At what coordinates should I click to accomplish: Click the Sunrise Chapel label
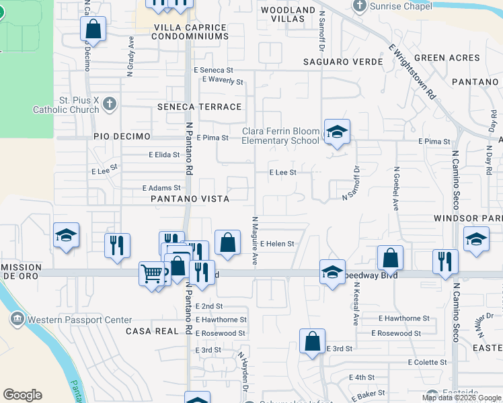coord(402,7)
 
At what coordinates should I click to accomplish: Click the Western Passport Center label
coord(69,320)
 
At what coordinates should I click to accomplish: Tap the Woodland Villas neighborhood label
coord(288,14)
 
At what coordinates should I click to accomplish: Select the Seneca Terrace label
coord(199,107)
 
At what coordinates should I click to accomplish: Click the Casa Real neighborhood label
coord(152,331)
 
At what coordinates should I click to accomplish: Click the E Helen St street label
coord(278,244)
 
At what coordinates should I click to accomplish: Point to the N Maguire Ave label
coord(255,240)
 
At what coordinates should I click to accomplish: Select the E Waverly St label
coord(223,81)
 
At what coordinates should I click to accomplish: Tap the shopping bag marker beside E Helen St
coord(228,242)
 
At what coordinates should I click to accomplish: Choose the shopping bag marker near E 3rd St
coord(313,341)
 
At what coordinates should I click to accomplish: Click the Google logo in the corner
coord(23,395)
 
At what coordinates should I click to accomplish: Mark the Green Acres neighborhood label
coord(447,58)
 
